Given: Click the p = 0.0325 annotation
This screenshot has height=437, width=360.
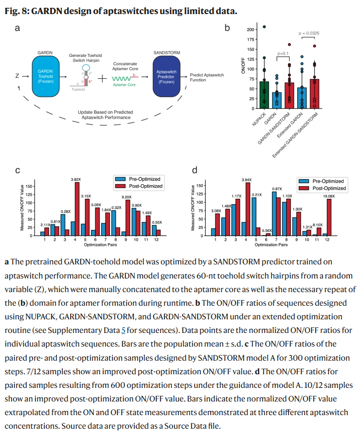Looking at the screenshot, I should click(x=308, y=34).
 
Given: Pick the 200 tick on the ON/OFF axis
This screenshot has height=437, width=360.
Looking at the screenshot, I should click(x=250, y=29).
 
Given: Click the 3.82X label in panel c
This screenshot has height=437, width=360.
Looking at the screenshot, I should click(x=76, y=179).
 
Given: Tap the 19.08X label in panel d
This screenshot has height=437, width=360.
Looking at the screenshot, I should click(x=329, y=196).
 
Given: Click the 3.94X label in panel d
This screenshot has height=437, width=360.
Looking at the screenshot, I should click(x=247, y=179).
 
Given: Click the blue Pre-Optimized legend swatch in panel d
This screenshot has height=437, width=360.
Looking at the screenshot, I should click(x=304, y=181).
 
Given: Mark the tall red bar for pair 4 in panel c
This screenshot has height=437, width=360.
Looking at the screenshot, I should click(x=77, y=209).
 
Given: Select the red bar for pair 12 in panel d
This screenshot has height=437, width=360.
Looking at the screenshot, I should click(x=329, y=217).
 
